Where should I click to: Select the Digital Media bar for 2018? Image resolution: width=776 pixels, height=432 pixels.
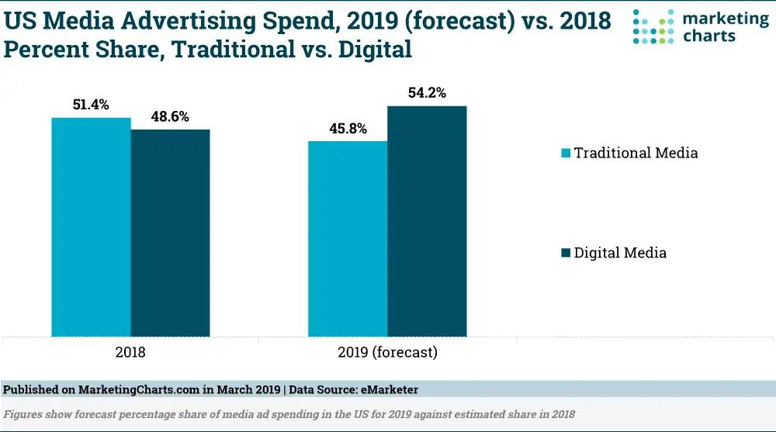coord(170,233)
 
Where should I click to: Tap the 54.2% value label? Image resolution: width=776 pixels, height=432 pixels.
coord(426,92)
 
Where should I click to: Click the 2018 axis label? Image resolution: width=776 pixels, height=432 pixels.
coord(130,352)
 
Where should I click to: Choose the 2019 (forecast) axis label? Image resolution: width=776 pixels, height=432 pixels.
coord(387,352)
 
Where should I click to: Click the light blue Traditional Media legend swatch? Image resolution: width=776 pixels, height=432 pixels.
coord(565,153)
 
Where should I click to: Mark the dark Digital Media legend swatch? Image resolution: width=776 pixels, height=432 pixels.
coord(565,253)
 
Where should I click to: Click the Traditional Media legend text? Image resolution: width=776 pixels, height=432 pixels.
coord(636,153)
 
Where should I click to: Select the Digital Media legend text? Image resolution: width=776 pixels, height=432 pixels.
coord(620,253)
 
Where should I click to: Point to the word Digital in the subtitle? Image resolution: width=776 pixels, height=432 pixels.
coord(372,50)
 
